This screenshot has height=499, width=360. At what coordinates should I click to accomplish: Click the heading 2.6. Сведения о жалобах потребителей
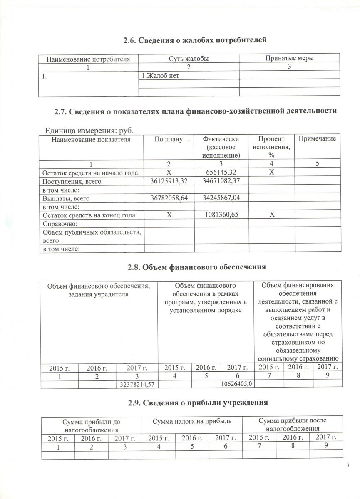tap(195, 40)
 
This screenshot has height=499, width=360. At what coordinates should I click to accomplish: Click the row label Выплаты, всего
tap(65, 199)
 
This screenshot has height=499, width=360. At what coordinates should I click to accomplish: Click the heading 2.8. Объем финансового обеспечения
tap(194, 266)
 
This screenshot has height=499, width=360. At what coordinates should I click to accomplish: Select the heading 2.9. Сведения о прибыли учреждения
tap(194, 403)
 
